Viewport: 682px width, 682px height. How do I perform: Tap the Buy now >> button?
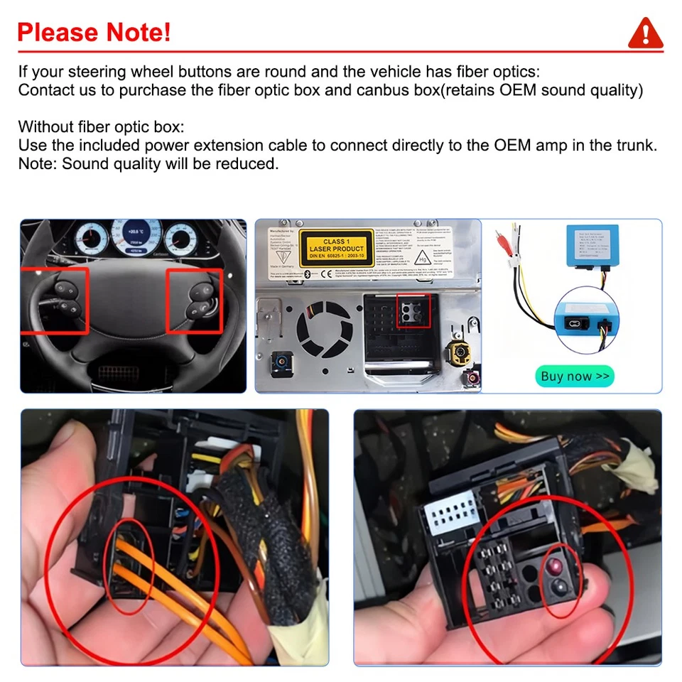[x=574, y=376]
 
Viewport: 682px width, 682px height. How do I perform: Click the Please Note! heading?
[x=94, y=33]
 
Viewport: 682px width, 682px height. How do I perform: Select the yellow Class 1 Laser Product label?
[x=336, y=246]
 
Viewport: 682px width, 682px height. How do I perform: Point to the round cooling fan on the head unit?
[x=323, y=331]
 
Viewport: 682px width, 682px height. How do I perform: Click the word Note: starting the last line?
[x=38, y=164]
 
